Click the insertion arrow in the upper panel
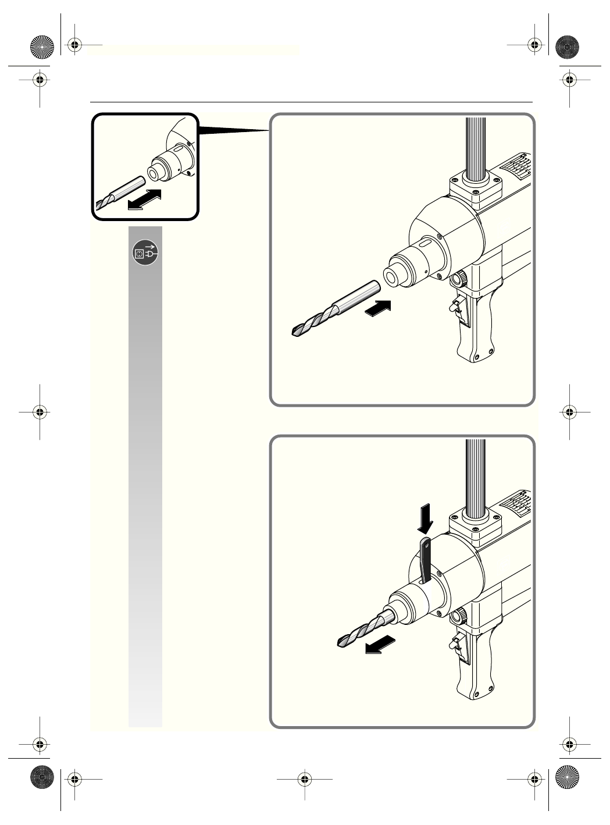point(377,308)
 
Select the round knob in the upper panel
point(459,280)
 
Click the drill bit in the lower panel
point(363,628)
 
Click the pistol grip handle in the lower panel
point(478,675)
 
